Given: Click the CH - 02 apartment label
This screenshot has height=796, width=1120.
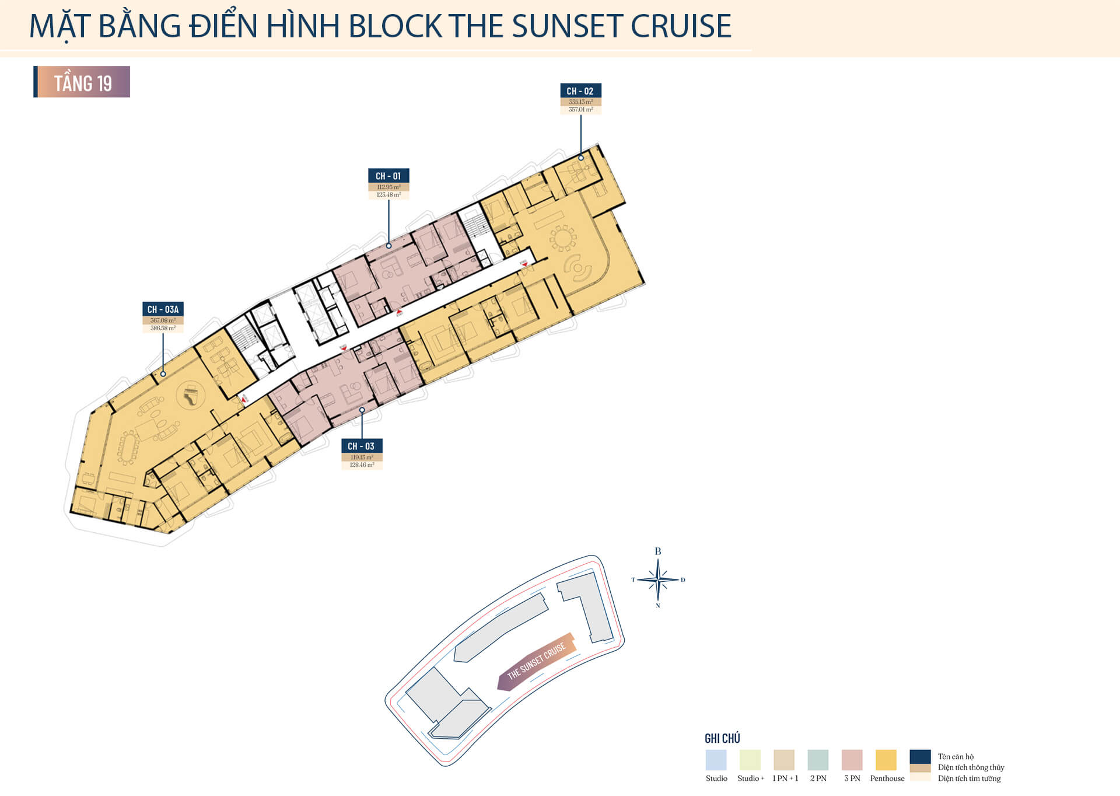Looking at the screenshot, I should tap(580, 91).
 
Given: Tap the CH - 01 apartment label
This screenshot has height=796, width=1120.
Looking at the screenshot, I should tap(388, 176).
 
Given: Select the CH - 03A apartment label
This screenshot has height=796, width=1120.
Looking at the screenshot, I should tap(163, 309).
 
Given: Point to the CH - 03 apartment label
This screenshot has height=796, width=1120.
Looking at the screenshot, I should tap(362, 446).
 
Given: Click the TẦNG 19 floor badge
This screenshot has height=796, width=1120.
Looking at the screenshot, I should tap(82, 82).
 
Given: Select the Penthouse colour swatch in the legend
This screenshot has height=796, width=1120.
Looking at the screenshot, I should tap(886, 760).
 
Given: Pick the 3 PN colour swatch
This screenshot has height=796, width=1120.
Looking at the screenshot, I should tap(852, 760).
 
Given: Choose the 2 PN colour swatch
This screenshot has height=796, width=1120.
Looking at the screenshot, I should tap(818, 760).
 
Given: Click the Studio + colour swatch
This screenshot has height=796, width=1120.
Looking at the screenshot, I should tap(750, 760).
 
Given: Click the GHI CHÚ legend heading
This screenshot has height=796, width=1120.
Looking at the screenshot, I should tap(722, 739).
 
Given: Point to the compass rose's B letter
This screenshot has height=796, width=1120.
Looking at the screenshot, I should tap(658, 551).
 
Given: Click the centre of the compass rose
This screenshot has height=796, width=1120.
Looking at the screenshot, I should tap(658, 580).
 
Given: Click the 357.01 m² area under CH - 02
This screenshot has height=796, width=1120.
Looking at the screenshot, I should tap(580, 110).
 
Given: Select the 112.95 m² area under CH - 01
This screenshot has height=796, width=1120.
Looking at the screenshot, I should tap(388, 187).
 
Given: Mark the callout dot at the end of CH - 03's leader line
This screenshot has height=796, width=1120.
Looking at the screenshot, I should tap(362, 410).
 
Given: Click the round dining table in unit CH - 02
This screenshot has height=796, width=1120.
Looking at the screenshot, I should tap(563, 238).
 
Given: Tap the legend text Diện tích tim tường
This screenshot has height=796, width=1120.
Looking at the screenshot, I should tap(969, 778).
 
